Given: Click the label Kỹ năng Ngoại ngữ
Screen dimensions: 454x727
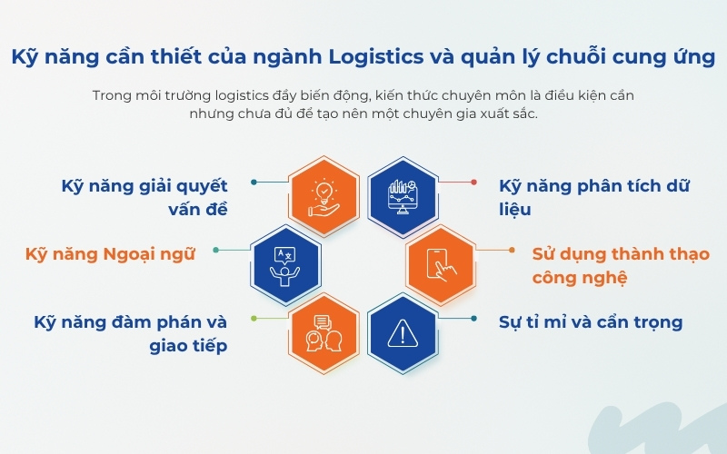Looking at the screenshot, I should coord(112,254).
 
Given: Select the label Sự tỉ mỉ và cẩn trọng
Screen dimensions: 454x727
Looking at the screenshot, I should coord(591,321).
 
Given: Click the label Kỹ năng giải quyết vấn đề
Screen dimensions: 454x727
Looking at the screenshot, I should coord(144,197).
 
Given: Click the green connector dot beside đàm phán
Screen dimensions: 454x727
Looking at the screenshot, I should coord(254,319).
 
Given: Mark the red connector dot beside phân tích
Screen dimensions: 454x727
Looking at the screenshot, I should coord(473,182).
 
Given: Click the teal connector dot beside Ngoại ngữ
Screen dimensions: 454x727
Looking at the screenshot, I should coord(215,250).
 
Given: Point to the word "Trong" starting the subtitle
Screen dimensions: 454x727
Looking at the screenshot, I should coord(112,95).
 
